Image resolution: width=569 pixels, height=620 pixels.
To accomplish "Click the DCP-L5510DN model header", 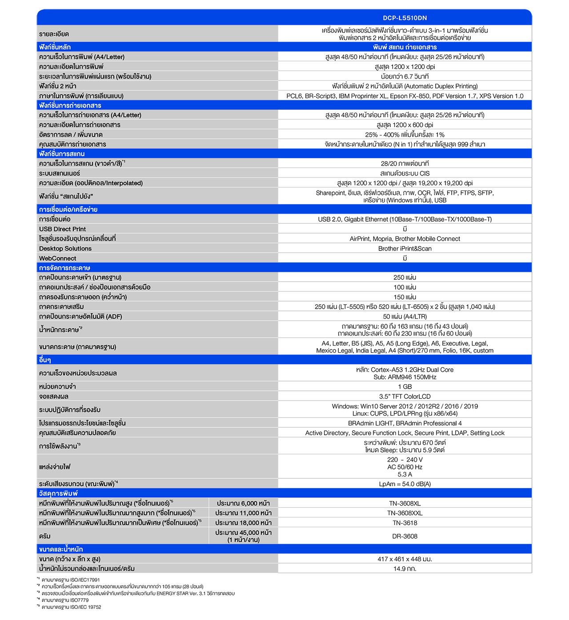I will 405,18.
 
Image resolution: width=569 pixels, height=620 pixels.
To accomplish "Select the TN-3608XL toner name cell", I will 405,503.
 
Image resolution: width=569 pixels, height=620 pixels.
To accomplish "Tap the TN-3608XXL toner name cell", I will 405,513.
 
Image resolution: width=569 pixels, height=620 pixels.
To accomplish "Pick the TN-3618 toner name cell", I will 405,523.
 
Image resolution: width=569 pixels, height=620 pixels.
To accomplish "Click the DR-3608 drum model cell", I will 405,536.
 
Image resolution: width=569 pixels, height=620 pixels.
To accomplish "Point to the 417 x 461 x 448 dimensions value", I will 405,559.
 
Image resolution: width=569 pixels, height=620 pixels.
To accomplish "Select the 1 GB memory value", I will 405,387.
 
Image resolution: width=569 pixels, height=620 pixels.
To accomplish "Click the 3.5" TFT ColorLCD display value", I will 405,397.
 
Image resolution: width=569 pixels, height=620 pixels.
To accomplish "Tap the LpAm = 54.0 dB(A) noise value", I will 405,484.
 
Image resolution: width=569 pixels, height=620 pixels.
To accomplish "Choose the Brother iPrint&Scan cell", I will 405,249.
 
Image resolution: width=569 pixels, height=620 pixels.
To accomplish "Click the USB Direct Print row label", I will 63,229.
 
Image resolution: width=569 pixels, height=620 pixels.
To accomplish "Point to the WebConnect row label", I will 58,258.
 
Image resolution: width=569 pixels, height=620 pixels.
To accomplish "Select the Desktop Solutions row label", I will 65,249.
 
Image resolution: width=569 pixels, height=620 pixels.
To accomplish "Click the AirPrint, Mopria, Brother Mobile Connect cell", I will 405,239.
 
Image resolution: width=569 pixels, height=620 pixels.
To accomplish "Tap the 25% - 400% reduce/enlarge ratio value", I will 405,135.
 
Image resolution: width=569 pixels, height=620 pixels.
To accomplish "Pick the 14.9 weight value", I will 405,569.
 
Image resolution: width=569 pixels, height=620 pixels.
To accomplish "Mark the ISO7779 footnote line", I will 65,600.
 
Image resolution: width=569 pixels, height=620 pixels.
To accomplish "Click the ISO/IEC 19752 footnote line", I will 71,607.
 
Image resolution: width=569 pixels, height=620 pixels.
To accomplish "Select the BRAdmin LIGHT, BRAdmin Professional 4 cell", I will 405,423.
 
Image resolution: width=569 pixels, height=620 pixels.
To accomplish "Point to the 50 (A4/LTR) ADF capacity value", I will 405,317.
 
